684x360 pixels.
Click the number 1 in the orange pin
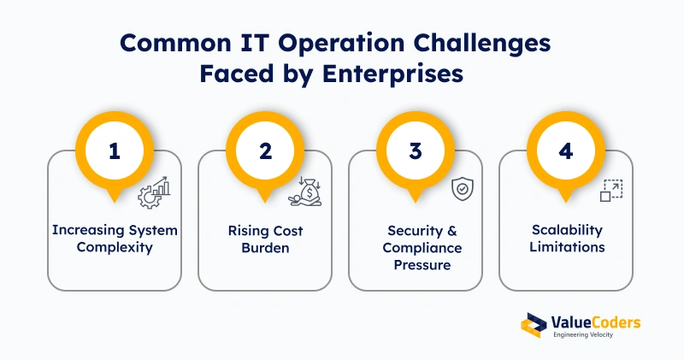[115, 151]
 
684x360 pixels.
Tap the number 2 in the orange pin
[265, 151]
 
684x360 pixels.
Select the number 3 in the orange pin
[416, 151]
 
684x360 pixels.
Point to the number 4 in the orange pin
[566, 151]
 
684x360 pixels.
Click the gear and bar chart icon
[154, 192]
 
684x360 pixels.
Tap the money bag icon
[305, 192]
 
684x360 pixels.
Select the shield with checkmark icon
[463, 189]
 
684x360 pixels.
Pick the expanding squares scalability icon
[611, 190]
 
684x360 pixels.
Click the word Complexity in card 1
[115, 247]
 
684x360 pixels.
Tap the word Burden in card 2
[265, 248]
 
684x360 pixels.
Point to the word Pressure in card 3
[422, 265]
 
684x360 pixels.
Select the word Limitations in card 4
[567, 247]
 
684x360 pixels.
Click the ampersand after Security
[452, 230]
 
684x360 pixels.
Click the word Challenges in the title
[482, 44]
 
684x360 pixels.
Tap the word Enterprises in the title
[392, 74]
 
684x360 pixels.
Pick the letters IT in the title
[255, 43]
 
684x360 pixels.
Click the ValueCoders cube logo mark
[534, 325]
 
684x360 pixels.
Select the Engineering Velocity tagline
[583, 334]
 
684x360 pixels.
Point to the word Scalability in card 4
[567, 230]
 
